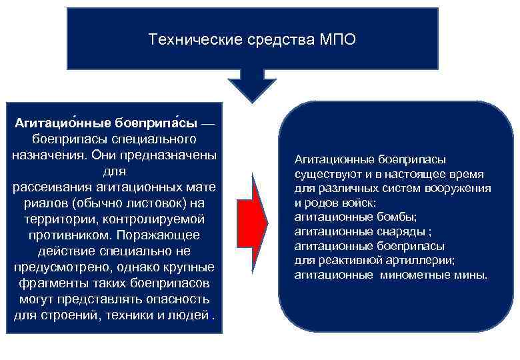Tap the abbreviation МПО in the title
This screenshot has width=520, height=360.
338,40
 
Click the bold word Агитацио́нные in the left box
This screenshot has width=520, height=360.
62,124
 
